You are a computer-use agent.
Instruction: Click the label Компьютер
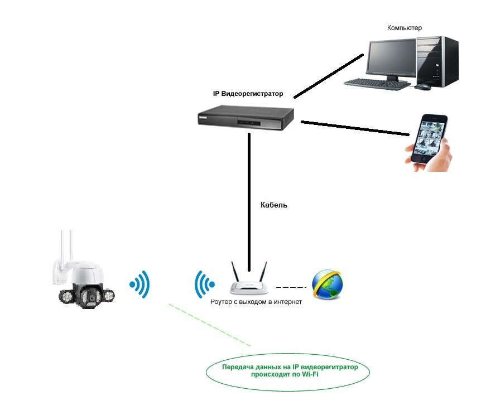click(405, 27)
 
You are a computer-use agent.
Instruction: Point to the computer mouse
click(422, 87)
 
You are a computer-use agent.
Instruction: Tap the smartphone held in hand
click(429, 139)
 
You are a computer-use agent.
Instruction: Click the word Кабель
click(274, 205)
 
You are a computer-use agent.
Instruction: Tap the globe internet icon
click(328, 284)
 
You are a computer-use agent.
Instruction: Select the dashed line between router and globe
click(291, 288)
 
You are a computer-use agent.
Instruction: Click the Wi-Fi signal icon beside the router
click(204, 285)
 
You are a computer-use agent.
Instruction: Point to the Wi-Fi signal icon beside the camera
click(140, 286)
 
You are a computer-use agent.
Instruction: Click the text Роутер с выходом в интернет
click(256, 302)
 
